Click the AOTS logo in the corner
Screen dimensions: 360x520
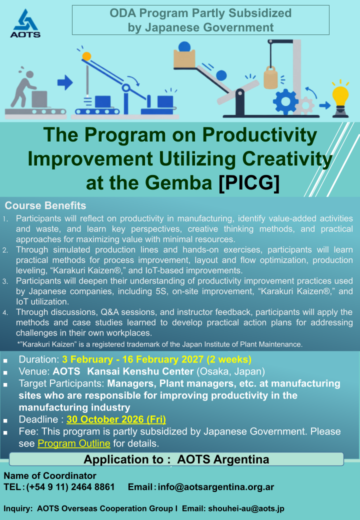click(x=25, y=23)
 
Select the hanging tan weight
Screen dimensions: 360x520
click(x=270, y=77)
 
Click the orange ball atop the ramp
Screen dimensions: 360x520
click(x=86, y=56)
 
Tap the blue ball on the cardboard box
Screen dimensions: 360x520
click(x=184, y=47)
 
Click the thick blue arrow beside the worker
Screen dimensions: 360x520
click(x=65, y=82)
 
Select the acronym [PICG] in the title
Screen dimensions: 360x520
click(x=249, y=182)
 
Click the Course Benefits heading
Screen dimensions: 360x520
click(x=45, y=205)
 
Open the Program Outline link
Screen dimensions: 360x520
click(x=74, y=443)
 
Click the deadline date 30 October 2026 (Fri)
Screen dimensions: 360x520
click(x=116, y=419)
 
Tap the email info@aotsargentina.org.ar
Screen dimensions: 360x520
click(x=216, y=487)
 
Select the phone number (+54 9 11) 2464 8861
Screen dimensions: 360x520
click(x=70, y=487)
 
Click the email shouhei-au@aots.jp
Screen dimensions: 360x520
click(x=246, y=508)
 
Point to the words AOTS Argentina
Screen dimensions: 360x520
click(x=223, y=459)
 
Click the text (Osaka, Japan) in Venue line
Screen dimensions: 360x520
click(x=230, y=371)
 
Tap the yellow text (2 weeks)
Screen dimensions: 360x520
click(x=228, y=359)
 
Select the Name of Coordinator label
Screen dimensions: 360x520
click(x=50, y=475)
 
